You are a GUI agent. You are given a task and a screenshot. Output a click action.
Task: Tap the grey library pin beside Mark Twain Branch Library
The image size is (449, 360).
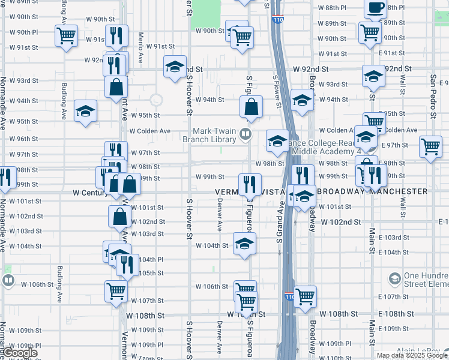(x=245, y=134)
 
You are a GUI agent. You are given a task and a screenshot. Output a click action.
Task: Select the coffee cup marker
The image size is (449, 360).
(x=376, y=8)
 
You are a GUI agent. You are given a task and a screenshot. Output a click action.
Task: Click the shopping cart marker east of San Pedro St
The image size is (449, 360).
(x=431, y=146)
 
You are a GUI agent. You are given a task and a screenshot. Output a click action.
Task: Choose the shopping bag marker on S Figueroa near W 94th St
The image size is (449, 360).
(x=252, y=107)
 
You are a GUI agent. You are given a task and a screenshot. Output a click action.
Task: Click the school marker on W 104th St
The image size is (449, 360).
(x=244, y=244)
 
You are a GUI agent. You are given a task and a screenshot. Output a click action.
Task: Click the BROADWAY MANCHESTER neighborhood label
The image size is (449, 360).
(x=372, y=191)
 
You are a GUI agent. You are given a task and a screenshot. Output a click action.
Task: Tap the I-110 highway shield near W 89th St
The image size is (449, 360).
(x=277, y=20)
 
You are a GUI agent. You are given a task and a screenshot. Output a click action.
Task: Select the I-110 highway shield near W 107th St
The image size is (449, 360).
(x=290, y=297)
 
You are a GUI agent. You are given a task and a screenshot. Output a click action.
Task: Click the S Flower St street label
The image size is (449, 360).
(x=277, y=90)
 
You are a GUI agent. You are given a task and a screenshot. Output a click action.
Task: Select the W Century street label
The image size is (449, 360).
(x=89, y=193)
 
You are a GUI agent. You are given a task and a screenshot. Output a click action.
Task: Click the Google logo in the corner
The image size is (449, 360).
(x=20, y=353)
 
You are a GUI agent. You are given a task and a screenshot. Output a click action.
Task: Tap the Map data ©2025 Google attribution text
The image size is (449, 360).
(x=412, y=355)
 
